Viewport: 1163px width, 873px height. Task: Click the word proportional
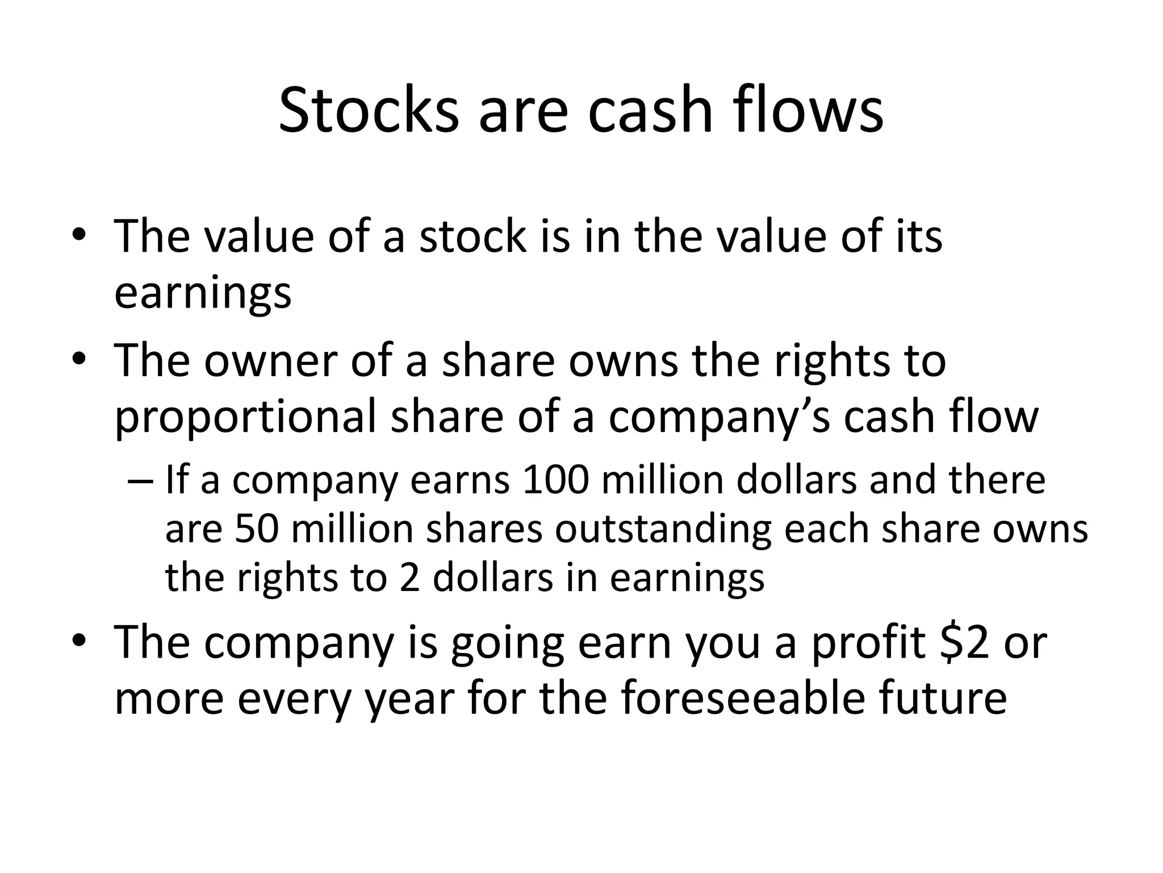click(x=245, y=417)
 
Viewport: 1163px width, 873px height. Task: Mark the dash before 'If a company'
click(x=141, y=480)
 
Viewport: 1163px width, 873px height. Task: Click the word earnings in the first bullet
click(x=203, y=293)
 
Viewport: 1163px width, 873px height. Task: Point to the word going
click(x=508, y=642)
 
